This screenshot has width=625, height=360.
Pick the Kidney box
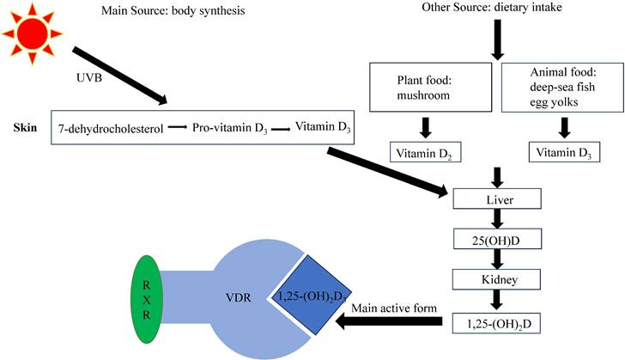(497, 281)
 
